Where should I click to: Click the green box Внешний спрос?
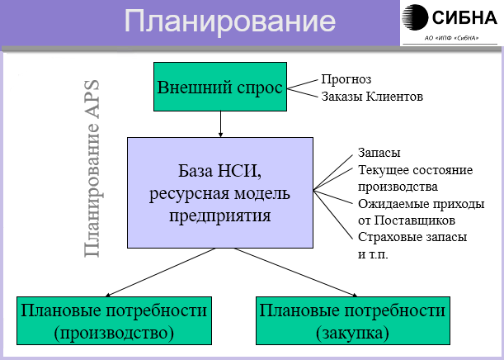(220, 87)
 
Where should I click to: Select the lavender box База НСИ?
(219, 192)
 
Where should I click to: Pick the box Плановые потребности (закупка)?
(353, 321)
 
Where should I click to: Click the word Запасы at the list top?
(379, 154)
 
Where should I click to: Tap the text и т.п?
(373, 253)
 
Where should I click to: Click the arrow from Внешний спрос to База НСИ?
(220, 124)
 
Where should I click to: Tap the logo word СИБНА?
(467, 18)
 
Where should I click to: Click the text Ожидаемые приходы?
(421, 203)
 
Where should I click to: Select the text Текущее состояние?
(415, 170)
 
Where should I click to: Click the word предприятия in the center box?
(219, 216)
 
